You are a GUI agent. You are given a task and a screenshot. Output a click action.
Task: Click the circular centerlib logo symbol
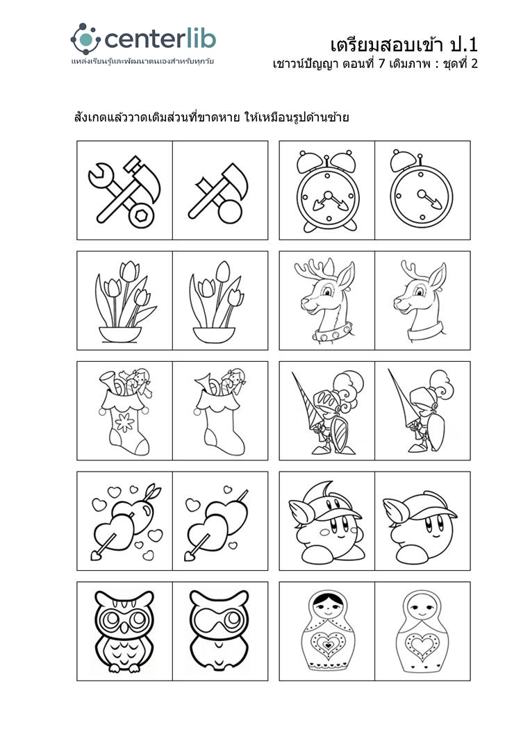(x=86, y=39)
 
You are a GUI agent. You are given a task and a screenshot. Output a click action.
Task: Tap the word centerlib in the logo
(x=160, y=39)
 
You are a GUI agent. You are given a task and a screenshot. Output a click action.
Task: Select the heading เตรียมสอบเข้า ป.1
(x=404, y=45)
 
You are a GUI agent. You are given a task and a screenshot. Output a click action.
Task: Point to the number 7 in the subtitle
(x=381, y=64)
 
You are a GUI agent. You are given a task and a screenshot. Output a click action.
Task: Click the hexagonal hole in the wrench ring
(x=142, y=216)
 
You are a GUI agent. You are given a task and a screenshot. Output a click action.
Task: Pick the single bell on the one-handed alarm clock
(x=404, y=161)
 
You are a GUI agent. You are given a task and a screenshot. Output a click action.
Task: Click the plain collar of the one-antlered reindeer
(x=425, y=331)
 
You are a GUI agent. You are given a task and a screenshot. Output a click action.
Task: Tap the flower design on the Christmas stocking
(x=125, y=423)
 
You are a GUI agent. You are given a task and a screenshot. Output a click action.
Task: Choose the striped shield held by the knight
(x=340, y=433)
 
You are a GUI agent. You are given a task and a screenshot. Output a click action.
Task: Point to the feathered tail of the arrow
(x=154, y=492)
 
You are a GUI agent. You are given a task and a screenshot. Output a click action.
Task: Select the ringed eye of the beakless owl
(x=233, y=619)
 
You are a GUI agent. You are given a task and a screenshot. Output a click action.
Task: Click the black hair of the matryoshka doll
(x=328, y=598)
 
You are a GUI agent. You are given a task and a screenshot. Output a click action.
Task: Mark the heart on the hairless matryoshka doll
(x=422, y=644)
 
